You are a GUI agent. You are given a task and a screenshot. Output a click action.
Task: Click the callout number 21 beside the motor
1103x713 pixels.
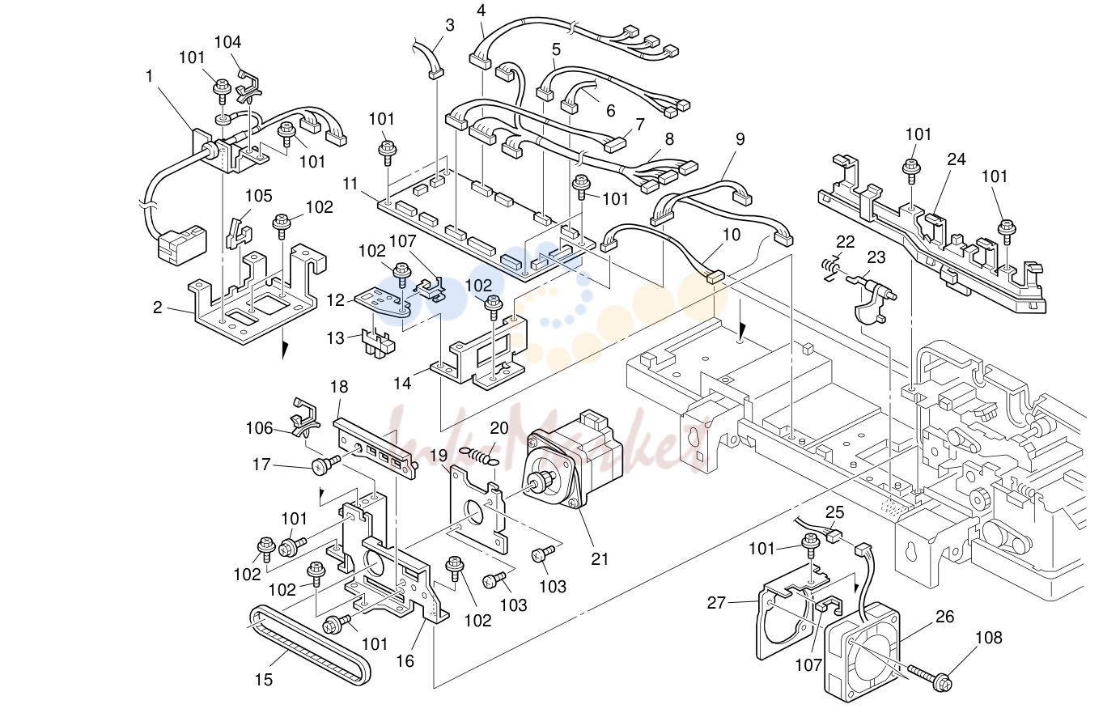pos(600,558)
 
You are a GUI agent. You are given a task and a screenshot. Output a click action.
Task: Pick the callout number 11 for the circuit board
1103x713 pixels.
pos(350,184)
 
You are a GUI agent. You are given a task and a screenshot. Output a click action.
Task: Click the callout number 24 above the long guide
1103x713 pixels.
pos(957,159)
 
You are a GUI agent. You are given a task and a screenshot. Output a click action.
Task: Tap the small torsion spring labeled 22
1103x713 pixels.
pos(832,269)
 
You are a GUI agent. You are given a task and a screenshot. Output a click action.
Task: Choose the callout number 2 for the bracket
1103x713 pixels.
pos(158,308)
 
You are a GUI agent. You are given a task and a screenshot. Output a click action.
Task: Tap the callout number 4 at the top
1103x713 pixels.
pos(481,10)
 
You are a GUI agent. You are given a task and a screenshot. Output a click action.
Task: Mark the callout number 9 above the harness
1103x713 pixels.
pos(740,139)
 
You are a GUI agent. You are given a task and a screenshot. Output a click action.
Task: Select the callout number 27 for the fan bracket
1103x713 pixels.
pos(716,602)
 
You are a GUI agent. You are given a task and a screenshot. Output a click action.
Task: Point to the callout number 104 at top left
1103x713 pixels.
pos(227,42)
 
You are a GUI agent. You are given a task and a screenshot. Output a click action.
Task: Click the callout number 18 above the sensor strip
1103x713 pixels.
pos(339,387)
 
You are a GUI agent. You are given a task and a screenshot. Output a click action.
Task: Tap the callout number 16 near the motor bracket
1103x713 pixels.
pos(405,661)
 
